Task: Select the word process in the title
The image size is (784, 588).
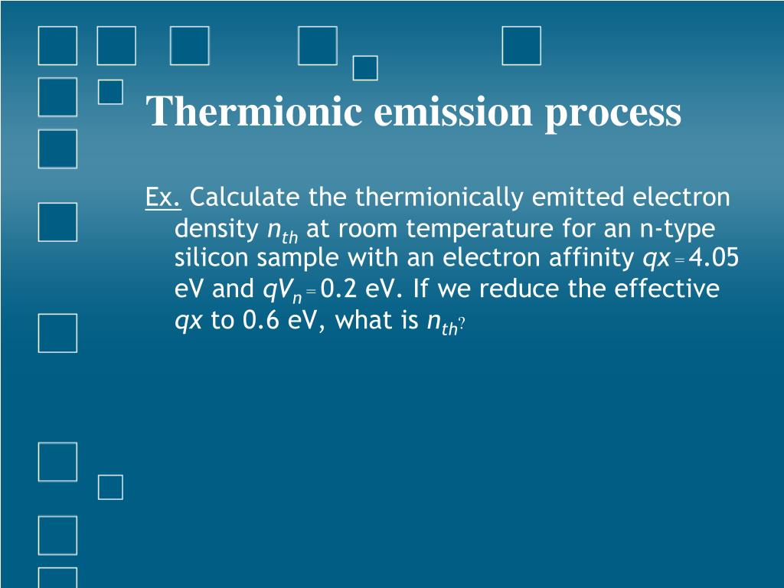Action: (x=613, y=113)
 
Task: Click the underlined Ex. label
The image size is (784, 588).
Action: (x=163, y=198)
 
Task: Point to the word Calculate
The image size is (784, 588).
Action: (x=246, y=198)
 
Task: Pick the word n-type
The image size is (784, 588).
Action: (x=679, y=229)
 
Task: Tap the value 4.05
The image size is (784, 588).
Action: (x=714, y=259)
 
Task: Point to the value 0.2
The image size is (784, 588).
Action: (x=338, y=289)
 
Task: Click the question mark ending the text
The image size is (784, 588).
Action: (x=462, y=326)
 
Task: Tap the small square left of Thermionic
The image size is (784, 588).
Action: (x=111, y=92)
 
